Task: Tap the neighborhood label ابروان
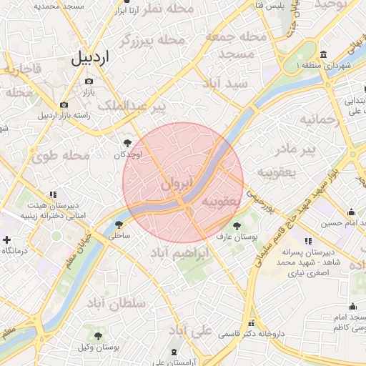[x=177, y=184]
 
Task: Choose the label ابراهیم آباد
[x=181, y=253]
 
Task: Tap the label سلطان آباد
[x=122, y=303]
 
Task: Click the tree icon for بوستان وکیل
[x=98, y=335]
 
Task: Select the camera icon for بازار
[x=89, y=81]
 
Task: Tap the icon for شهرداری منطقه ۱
[x=324, y=55]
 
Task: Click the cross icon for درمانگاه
[x=7, y=240]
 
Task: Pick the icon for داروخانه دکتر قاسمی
[x=250, y=323]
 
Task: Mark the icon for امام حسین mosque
[x=351, y=212]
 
